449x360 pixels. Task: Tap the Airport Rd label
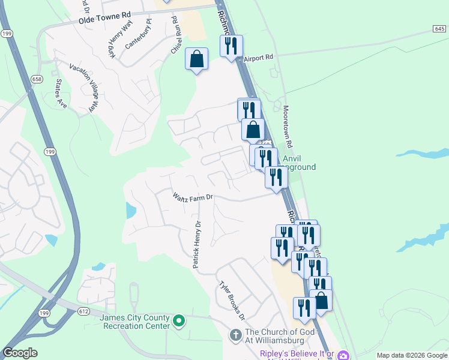coord(259,58)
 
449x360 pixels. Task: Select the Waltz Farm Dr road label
coord(193,196)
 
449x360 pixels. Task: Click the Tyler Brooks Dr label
coord(232,299)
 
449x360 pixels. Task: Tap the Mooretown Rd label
coord(291,127)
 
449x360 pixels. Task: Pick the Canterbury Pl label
coord(139,37)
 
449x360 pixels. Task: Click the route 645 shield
coord(439,29)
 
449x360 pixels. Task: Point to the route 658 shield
coord(37,79)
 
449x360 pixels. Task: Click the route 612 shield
coord(83,310)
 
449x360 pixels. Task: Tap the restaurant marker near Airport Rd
coord(232,46)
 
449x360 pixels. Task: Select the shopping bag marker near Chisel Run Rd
coord(196,59)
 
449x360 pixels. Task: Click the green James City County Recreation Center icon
coord(178,322)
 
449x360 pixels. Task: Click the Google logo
coord(20,353)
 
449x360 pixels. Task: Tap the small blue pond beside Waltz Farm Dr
coord(130,211)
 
